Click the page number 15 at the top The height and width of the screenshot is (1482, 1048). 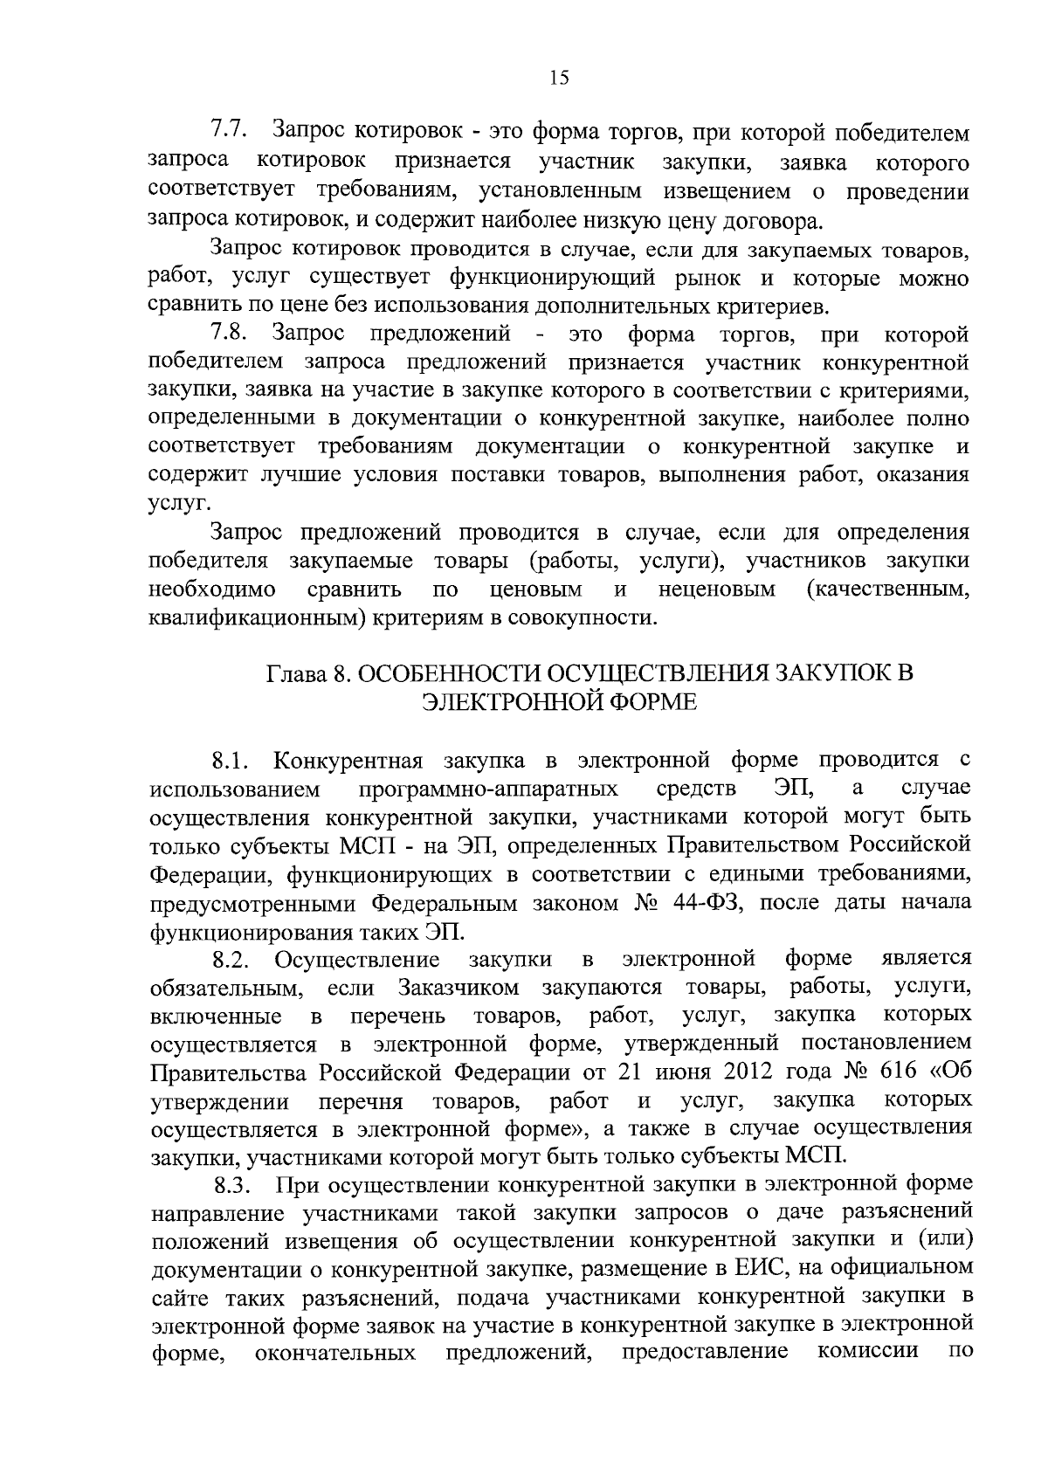(x=560, y=79)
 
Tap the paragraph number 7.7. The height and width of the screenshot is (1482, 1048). (x=230, y=131)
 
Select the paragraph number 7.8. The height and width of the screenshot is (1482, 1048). (x=230, y=334)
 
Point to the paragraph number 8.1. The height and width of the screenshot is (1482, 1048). (x=231, y=761)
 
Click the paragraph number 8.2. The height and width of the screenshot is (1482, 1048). (x=231, y=962)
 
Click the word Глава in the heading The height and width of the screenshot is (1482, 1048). (x=295, y=674)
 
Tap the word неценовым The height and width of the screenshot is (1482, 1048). (x=717, y=589)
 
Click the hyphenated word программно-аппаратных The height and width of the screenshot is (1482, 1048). (x=489, y=789)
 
